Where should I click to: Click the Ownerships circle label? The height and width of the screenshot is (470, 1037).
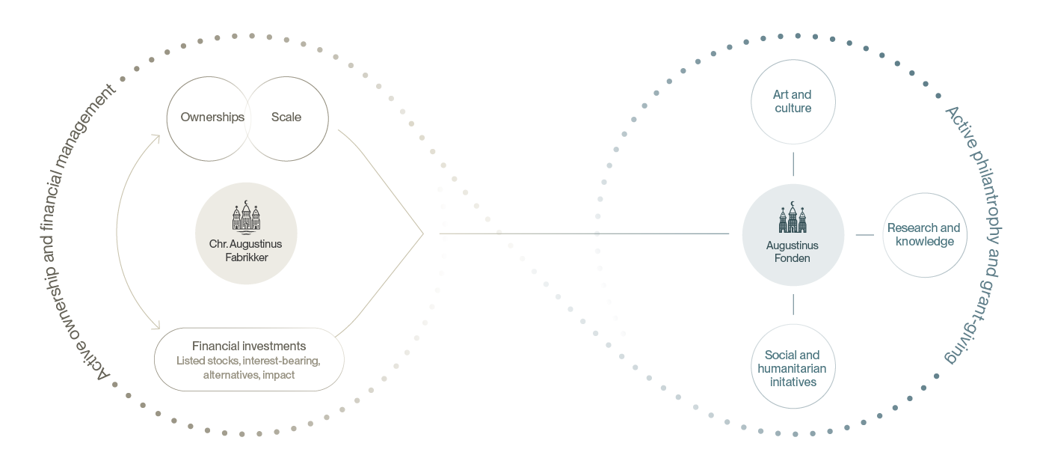click(x=212, y=117)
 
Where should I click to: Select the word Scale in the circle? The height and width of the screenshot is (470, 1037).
click(x=286, y=117)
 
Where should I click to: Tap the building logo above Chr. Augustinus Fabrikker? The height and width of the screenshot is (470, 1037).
click(x=246, y=217)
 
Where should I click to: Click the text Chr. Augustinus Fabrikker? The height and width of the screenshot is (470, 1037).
click(x=246, y=251)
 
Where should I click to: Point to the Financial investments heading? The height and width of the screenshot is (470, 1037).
click(x=249, y=347)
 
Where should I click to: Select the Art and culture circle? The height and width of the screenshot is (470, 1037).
click(x=793, y=102)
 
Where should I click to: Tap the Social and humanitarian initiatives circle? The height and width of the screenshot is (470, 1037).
click(x=793, y=367)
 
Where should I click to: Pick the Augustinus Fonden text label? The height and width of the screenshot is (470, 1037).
click(x=793, y=251)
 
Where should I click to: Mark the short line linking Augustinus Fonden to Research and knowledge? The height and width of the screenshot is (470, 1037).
click(x=864, y=235)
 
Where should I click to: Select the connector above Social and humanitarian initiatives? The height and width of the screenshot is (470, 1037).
click(x=793, y=304)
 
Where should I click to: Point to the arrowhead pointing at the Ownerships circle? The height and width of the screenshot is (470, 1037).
click(x=156, y=137)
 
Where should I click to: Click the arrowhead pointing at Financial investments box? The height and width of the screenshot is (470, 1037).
click(x=157, y=326)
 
